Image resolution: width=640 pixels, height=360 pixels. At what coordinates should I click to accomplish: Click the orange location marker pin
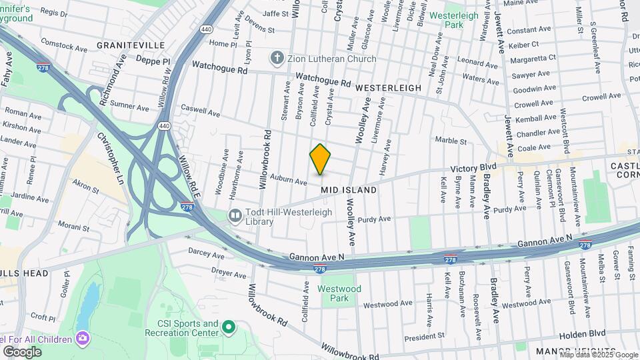[x=320, y=159]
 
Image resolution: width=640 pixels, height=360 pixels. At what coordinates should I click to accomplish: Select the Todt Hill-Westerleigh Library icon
[x=235, y=215]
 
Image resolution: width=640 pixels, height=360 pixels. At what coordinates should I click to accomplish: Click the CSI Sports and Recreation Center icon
[x=229, y=327]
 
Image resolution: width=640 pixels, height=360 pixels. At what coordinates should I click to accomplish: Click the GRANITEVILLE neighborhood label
[x=131, y=45]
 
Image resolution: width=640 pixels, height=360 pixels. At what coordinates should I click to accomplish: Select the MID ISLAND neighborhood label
[x=349, y=190]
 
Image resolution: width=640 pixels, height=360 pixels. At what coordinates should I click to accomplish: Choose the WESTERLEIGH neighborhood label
[x=388, y=88]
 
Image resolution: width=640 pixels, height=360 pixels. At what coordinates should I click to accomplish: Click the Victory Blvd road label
[x=474, y=167]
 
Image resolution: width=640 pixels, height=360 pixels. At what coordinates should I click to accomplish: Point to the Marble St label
[x=451, y=141]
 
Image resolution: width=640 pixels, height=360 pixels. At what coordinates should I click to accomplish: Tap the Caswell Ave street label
[x=200, y=111]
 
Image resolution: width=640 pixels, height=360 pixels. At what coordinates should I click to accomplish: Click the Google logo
[x=22, y=351]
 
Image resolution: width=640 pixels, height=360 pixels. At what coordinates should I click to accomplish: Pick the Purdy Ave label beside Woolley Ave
[x=374, y=219]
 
